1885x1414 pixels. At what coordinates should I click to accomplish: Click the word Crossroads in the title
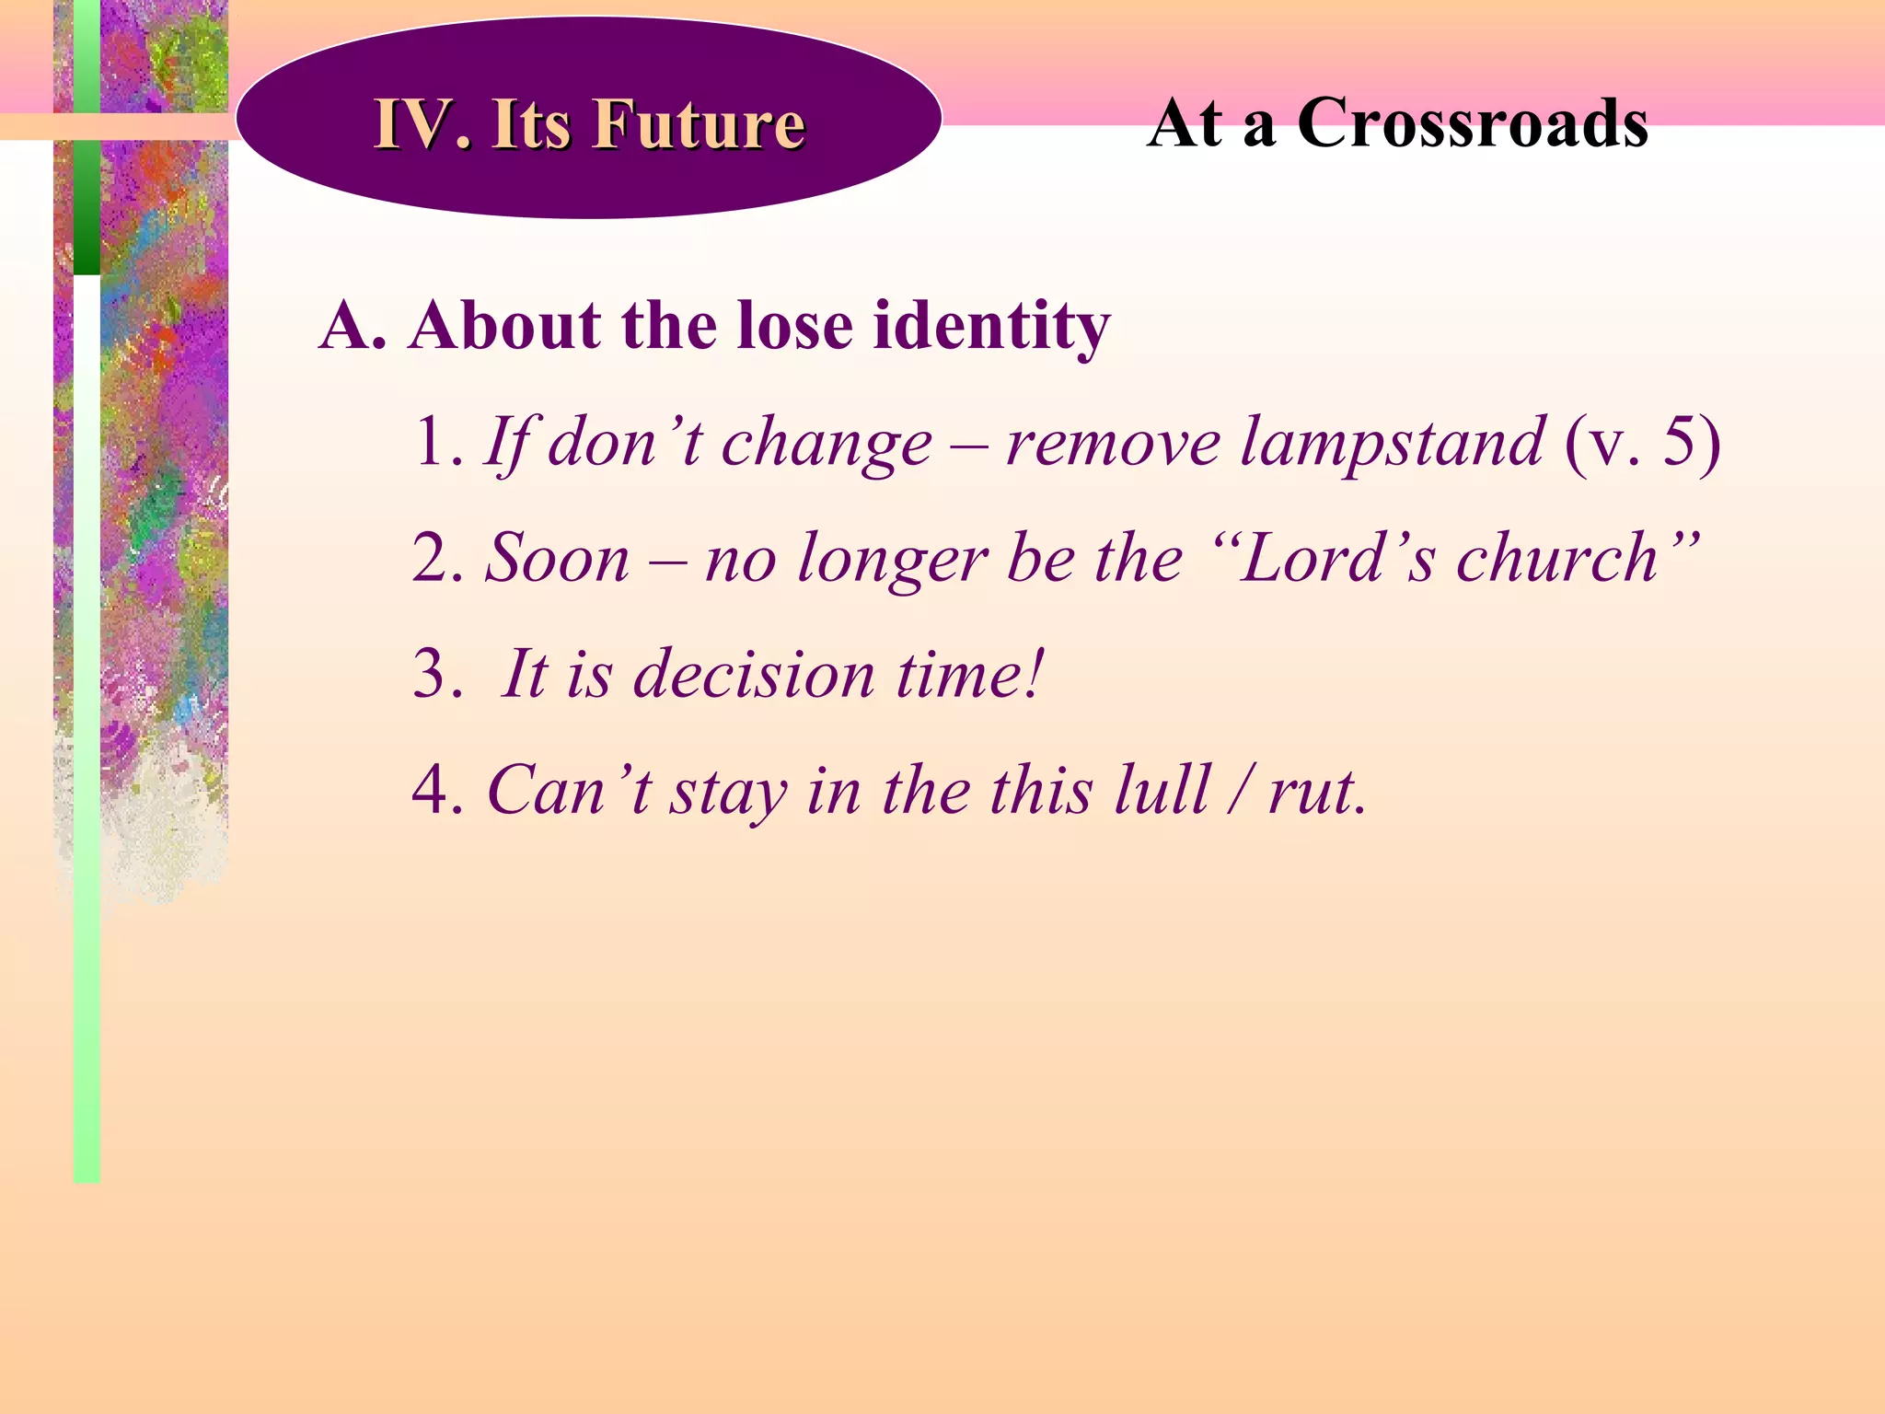(x=1472, y=123)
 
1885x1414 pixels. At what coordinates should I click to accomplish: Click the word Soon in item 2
(x=558, y=559)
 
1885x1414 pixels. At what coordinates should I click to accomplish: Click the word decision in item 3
(x=755, y=675)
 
